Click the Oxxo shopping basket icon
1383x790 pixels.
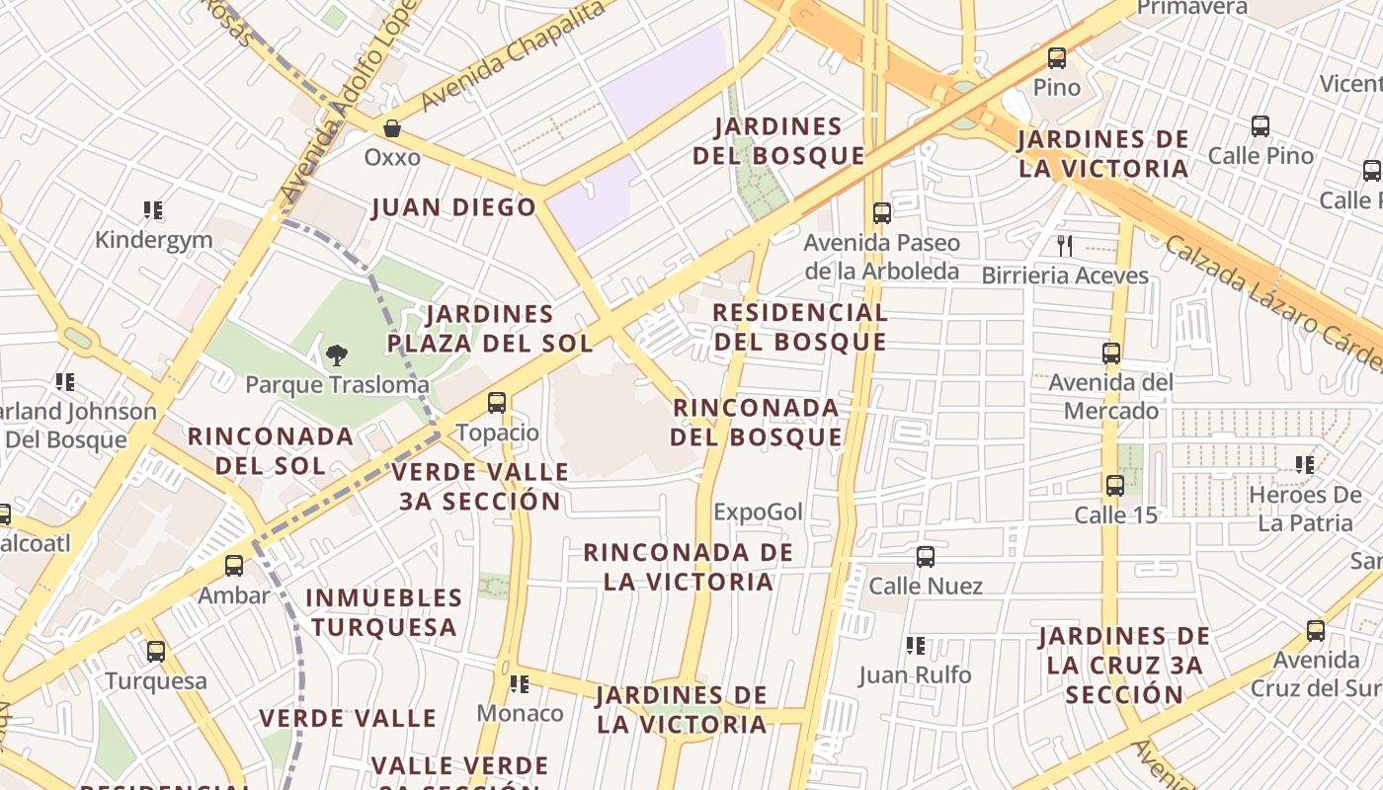coord(392,128)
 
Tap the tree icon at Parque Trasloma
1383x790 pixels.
coord(337,355)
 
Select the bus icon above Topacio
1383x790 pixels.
coord(497,403)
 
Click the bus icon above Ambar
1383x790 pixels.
coord(234,566)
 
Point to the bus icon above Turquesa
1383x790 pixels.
coord(156,652)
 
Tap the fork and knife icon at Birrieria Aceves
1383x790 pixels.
coord(1064,246)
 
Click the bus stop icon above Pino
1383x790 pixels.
coord(1057,58)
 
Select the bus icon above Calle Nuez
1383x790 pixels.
coord(926,557)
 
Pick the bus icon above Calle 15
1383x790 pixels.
coord(1115,485)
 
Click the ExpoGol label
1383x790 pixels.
coord(758,512)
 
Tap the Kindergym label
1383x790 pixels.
coord(153,239)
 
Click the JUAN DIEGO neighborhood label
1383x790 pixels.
coord(453,207)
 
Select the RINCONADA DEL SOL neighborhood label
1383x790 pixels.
coord(270,450)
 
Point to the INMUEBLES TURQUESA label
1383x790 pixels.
coord(383,612)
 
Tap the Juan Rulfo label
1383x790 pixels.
coord(915,675)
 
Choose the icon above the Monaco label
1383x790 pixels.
coord(519,683)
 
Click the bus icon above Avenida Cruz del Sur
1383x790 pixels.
coord(1316,631)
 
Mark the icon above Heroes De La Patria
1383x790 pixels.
coord(1304,464)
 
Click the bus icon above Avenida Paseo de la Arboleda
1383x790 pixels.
coord(882,213)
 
